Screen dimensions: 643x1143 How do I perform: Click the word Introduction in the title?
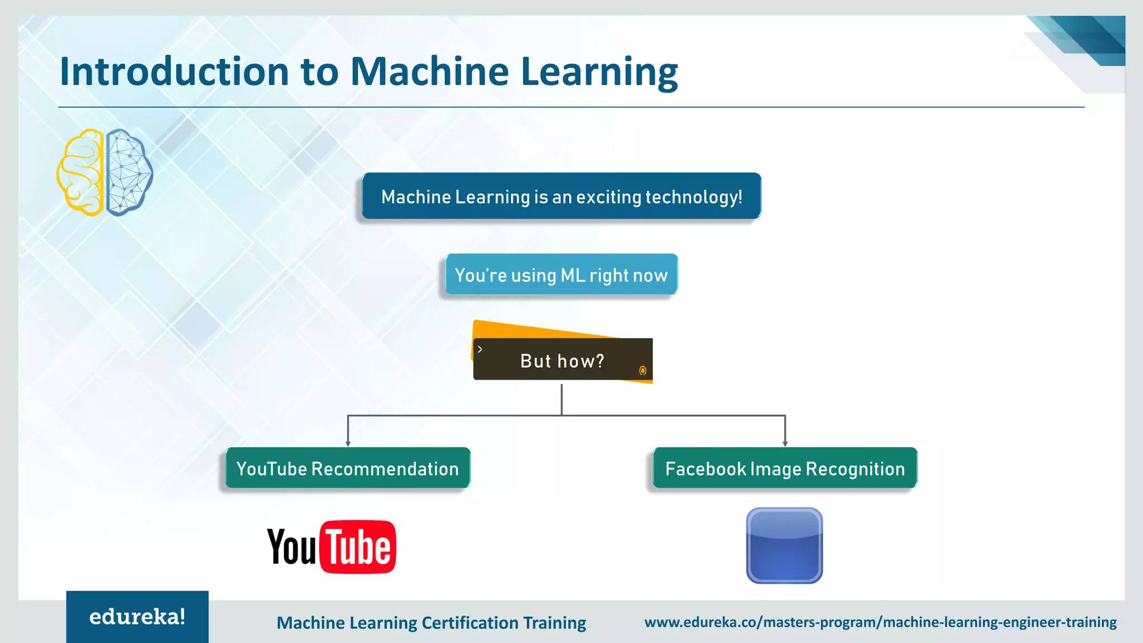pos(174,71)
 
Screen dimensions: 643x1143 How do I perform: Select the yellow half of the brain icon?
pos(81,172)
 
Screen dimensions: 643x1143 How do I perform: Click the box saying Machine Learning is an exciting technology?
pos(561,196)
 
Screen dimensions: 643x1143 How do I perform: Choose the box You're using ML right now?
pos(561,275)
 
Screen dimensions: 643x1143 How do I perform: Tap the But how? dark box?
pos(562,361)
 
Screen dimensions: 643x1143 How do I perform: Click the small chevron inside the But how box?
pos(480,349)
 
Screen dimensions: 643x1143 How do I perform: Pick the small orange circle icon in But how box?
pos(642,371)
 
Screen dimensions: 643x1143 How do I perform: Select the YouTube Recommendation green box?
pos(347,468)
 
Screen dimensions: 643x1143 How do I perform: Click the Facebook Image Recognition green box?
pos(785,468)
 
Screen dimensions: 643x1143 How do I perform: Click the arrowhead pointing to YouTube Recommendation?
pos(348,443)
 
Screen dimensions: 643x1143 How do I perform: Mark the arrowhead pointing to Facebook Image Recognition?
pos(785,443)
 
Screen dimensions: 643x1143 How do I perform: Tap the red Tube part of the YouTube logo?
pos(358,548)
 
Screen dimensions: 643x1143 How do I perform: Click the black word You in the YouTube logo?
pos(291,548)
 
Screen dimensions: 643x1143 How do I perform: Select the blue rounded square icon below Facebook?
pos(784,546)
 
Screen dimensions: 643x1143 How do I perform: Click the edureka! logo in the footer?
pos(137,617)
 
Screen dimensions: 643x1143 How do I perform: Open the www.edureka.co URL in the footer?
pos(880,622)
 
